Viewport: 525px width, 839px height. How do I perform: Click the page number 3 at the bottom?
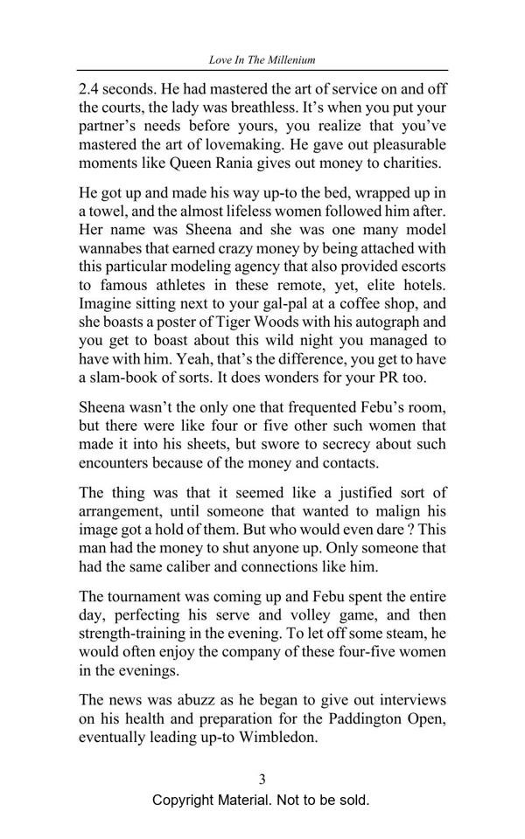tap(262, 779)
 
